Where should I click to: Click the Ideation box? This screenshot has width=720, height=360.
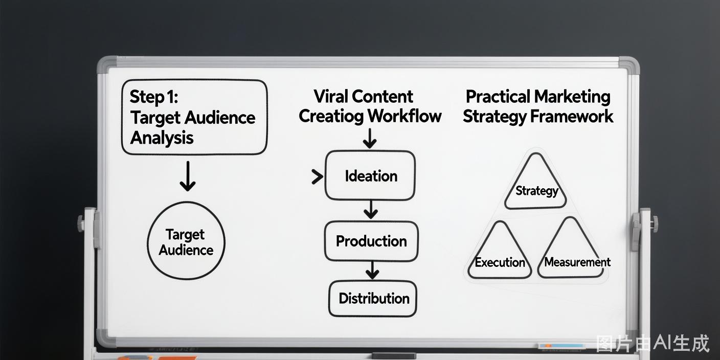click(370, 175)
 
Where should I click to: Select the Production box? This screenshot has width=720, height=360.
click(371, 241)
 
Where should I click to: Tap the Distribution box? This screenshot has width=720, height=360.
click(373, 299)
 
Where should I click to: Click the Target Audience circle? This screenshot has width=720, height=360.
click(186, 241)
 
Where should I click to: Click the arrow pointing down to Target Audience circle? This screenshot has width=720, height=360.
click(188, 176)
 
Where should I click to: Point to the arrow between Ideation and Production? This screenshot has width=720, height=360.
click(371, 210)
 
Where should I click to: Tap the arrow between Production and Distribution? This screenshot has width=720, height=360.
click(372, 271)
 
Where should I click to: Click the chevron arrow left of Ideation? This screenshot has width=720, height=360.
click(317, 177)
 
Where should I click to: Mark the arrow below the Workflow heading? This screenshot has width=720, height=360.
click(370, 139)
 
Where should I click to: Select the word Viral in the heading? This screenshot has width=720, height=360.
click(330, 97)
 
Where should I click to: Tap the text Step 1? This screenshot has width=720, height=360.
click(153, 97)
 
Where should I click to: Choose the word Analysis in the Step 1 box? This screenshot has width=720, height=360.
click(162, 138)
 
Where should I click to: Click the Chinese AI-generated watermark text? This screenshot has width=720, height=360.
click(652, 343)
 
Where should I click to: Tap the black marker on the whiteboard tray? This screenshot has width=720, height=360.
click(393, 356)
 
